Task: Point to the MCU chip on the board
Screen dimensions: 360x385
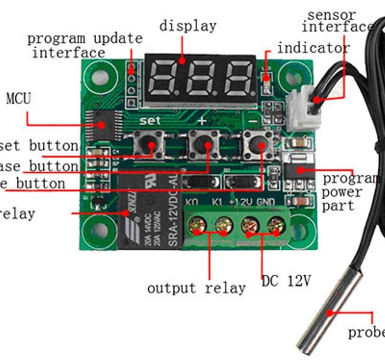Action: click(x=103, y=124)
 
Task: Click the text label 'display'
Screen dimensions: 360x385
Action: click(x=188, y=26)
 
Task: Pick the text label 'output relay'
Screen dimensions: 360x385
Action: click(x=196, y=288)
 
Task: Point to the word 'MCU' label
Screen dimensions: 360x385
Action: click(x=18, y=99)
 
